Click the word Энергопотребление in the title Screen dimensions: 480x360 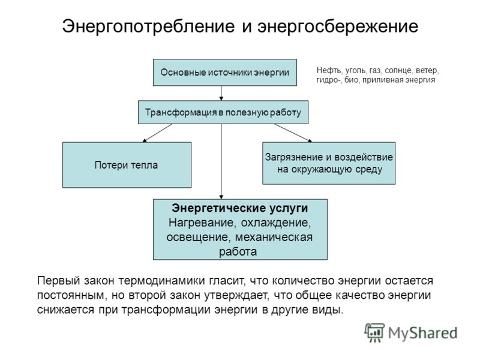point(148,26)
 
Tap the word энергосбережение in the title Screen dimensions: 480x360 point(338,26)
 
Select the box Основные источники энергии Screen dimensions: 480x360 point(224,73)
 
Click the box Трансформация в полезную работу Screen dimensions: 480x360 point(223,112)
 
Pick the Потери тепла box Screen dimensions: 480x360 point(127,165)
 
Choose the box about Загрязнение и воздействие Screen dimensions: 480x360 point(329,163)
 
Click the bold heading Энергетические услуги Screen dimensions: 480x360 point(240,208)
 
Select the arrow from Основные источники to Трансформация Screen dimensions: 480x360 point(221,94)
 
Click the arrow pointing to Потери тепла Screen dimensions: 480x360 point(157,133)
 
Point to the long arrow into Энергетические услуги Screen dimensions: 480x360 point(221,161)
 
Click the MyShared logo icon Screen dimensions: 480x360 point(374,332)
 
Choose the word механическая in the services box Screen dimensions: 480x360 point(274,238)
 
